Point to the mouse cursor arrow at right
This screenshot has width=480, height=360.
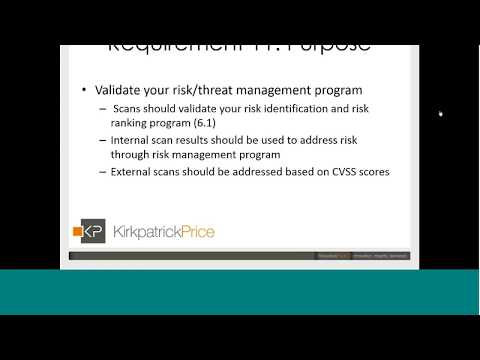click(441, 114)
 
